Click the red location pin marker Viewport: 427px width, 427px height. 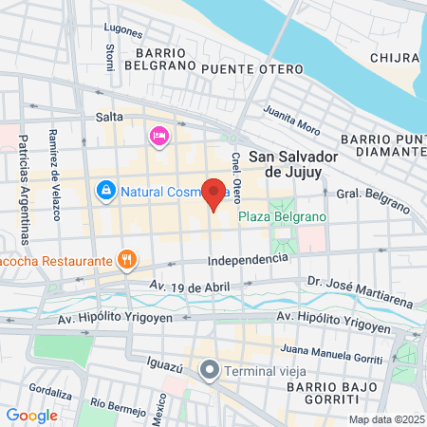213,193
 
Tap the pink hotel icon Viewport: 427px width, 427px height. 158,137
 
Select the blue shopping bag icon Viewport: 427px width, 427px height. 106,191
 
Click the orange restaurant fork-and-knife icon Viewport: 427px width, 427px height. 125,258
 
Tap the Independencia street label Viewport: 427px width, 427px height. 248,259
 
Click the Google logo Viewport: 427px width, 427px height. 31,415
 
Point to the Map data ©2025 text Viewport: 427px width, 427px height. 386,419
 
